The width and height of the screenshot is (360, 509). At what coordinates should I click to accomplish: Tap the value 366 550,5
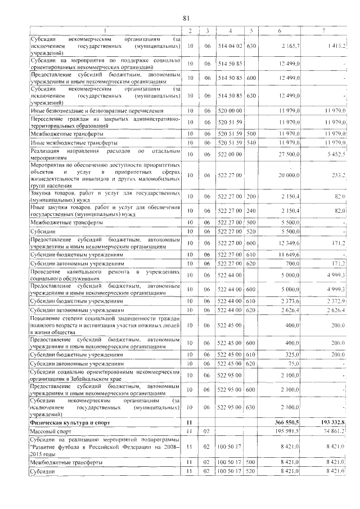tap(288, 421)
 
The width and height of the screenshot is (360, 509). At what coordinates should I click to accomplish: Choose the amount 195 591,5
tap(288, 431)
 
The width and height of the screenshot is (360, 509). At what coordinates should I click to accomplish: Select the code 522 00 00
tap(230, 154)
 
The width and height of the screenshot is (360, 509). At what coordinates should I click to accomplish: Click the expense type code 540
tap(251, 143)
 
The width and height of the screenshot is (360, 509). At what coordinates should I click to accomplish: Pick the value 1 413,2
tap(334, 45)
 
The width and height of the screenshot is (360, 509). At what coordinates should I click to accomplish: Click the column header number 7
tap(323, 30)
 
